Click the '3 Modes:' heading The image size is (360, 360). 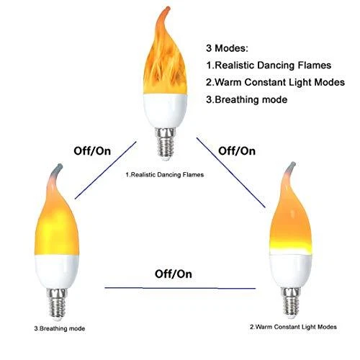click(227, 48)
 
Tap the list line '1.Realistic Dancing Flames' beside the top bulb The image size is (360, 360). click(269, 66)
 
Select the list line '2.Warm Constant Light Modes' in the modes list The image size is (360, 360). click(275, 82)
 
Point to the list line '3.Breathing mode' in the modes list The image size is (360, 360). click(246, 100)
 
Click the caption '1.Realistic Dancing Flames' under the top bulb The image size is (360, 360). click(165, 175)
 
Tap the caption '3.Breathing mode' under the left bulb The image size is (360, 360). click(60, 328)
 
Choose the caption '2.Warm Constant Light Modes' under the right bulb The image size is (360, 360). click(293, 327)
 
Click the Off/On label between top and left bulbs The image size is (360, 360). click(92, 151)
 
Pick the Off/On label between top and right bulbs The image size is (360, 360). click(237, 151)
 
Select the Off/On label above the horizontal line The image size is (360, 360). click(174, 274)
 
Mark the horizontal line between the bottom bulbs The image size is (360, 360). click(180, 288)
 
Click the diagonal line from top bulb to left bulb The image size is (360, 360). click(106, 170)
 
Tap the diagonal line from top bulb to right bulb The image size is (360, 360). click(231, 173)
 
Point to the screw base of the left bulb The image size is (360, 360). click(57, 305)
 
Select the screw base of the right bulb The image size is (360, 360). click(291, 302)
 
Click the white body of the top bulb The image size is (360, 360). click(165, 111)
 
